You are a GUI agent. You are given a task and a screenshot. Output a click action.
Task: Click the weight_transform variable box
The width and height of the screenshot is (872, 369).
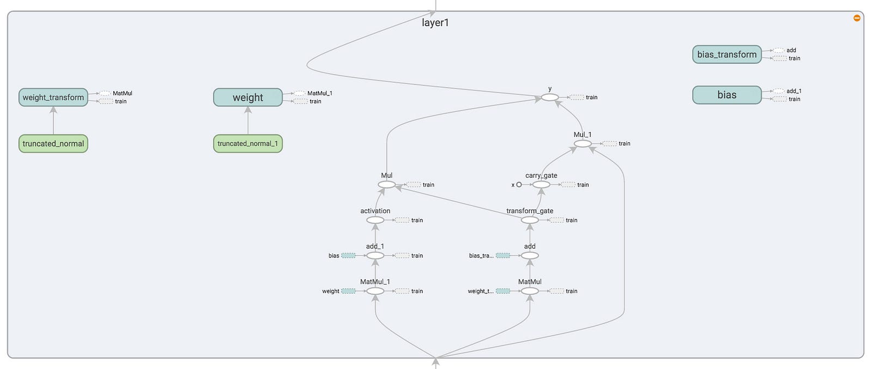(x=53, y=98)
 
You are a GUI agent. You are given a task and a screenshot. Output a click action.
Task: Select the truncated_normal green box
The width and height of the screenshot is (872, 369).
(x=53, y=144)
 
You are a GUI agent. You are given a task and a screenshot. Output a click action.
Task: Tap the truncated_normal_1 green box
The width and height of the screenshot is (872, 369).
(x=248, y=144)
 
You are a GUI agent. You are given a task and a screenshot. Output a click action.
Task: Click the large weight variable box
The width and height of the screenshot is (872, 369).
(x=248, y=98)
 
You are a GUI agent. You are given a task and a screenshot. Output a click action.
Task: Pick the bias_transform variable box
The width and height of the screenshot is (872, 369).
(x=727, y=55)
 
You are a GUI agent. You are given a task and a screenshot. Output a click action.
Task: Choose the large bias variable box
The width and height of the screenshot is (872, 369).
(x=727, y=95)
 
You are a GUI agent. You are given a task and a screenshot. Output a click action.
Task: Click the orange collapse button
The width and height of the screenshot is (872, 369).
(x=857, y=18)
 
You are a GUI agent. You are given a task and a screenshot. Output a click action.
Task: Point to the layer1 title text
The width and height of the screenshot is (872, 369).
(x=435, y=22)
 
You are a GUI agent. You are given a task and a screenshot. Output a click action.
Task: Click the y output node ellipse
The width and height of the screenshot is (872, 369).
(x=550, y=98)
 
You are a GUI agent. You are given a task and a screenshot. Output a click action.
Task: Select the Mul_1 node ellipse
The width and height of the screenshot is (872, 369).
(x=583, y=144)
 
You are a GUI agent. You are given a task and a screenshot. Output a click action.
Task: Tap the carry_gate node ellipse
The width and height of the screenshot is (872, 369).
(x=541, y=184)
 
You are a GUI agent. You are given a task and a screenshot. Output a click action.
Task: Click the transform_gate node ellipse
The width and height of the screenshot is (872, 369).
(x=530, y=220)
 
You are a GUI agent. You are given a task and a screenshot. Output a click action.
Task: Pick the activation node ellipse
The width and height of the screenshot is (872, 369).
(x=376, y=220)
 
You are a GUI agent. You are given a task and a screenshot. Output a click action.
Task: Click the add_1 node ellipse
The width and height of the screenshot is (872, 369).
(x=376, y=256)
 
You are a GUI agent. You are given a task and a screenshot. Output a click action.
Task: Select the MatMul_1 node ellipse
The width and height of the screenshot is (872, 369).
(x=376, y=291)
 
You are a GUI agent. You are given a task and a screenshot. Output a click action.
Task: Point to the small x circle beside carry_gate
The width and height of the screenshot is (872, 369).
(x=519, y=184)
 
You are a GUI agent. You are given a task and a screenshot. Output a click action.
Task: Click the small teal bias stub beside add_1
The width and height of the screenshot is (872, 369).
(x=348, y=256)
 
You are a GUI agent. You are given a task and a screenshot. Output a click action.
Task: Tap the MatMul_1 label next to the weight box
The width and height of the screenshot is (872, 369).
(x=319, y=93)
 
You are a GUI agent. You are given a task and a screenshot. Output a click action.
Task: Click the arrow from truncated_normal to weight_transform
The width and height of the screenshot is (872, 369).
(x=53, y=120)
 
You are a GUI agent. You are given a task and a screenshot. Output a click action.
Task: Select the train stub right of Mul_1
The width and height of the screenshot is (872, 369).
(x=610, y=144)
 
